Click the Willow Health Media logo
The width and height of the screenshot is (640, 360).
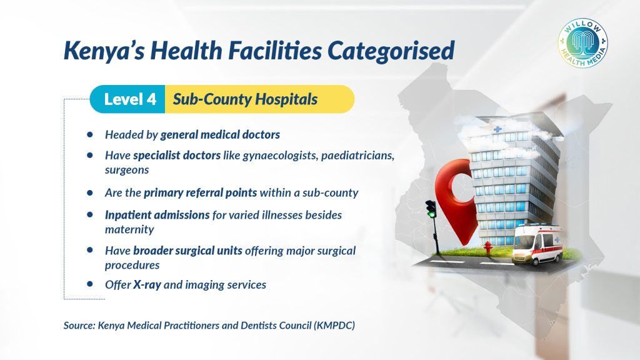(x=583, y=43)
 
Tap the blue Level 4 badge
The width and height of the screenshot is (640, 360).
(x=127, y=99)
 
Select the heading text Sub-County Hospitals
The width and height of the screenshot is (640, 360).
(x=245, y=99)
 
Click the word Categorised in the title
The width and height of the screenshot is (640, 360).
(x=391, y=51)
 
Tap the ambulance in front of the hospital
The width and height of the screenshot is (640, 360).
(x=537, y=244)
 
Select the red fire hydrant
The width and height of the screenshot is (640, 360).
(x=487, y=247)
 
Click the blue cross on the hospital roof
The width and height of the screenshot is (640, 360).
(x=497, y=130)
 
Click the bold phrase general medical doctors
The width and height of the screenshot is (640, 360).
(x=220, y=135)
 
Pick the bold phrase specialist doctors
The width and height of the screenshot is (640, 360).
(x=177, y=156)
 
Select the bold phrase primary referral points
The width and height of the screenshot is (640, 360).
(x=201, y=192)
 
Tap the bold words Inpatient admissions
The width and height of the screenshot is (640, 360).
(x=157, y=215)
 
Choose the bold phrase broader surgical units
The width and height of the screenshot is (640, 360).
(x=187, y=251)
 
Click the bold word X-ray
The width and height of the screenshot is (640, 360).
(x=147, y=284)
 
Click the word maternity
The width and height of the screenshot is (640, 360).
(x=129, y=230)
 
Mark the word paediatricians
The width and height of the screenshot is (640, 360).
(x=357, y=156)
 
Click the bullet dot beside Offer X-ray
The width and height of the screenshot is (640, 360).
(x=90, y=284)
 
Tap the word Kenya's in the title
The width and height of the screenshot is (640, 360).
(x=104, y=51)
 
